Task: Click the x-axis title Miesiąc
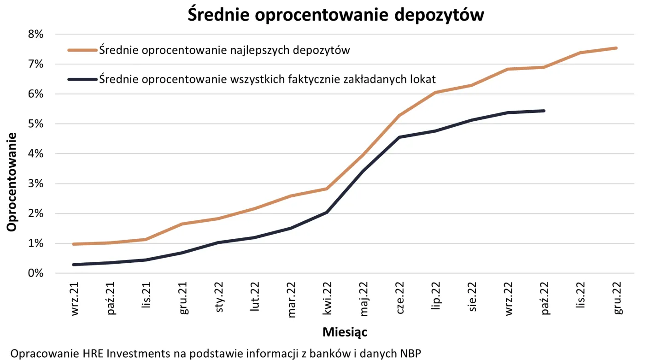[x=345, y=332]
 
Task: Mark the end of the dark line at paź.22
[x=544, y=111]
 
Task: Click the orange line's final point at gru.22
[x=616, y=48]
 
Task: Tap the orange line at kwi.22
[x=327, y=189]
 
